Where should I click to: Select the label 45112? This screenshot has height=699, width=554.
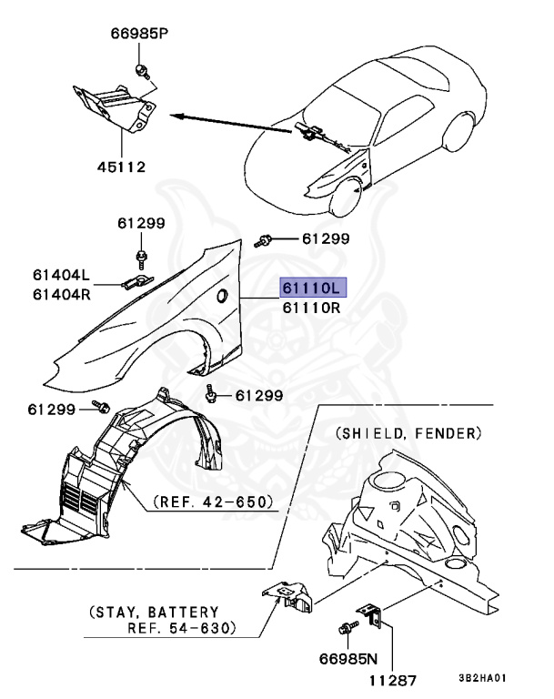(121, 167)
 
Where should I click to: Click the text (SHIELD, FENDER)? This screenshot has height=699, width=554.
(408, 432)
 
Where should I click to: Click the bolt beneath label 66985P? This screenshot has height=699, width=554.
(142, 70)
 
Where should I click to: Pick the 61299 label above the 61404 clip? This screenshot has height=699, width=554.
(140, 222)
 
